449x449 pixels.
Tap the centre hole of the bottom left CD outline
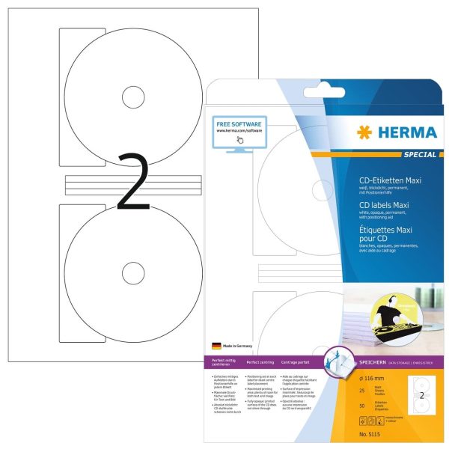click(x=134, y=273)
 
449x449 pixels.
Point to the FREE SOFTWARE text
click(x=238, y=123)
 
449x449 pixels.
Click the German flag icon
click(x=216, y=346)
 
